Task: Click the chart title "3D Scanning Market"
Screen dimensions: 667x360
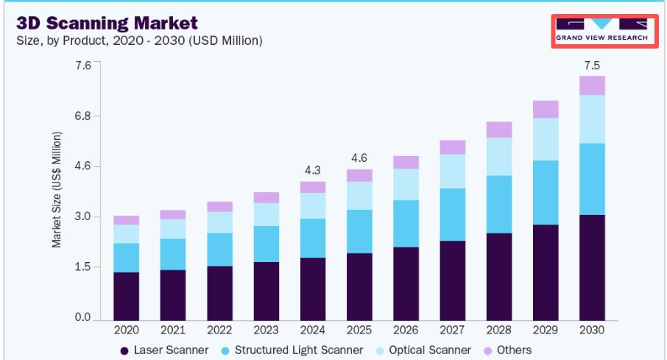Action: (107, 23)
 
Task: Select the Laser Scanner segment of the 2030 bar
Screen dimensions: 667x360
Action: (592, 268)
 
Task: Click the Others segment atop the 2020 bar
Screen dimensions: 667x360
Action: (127, 220)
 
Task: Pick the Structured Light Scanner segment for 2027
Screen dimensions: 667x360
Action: (453, 214)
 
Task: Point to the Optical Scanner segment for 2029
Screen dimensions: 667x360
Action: (546, 139)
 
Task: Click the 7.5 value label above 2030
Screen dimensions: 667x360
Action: (592, 66)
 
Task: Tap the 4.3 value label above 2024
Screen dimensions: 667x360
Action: (313, 170)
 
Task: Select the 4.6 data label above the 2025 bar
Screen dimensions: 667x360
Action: (359, 158)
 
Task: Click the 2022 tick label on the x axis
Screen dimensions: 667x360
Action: (219, 331)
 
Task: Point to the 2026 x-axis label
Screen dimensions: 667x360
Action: (406, 331)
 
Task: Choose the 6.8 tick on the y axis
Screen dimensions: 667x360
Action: (83, 116)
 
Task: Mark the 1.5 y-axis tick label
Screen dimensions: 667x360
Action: (83, 267)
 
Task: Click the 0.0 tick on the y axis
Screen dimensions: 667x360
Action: (83, 317)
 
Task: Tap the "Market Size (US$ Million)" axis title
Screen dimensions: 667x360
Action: (57, 189)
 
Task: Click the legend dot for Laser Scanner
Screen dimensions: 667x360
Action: (124, 351)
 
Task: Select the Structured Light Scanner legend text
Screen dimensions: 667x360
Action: (299, 350)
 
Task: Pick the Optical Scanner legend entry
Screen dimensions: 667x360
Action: (423, 350)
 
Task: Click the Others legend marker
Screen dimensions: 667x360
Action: (488, 351)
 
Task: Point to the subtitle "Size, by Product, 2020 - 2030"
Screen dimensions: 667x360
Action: (101, 40)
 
